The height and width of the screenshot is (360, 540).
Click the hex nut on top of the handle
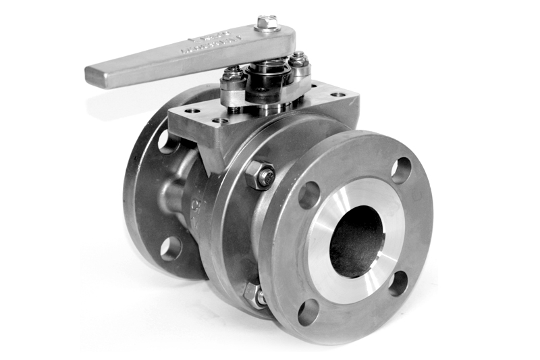268,23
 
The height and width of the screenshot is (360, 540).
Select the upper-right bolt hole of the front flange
400,170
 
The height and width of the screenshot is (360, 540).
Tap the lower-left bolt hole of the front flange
308,312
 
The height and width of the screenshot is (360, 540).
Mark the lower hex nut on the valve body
255,295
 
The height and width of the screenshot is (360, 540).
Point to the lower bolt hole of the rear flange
170,248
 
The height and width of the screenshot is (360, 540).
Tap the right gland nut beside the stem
298,60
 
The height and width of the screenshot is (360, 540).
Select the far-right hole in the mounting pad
337,95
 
